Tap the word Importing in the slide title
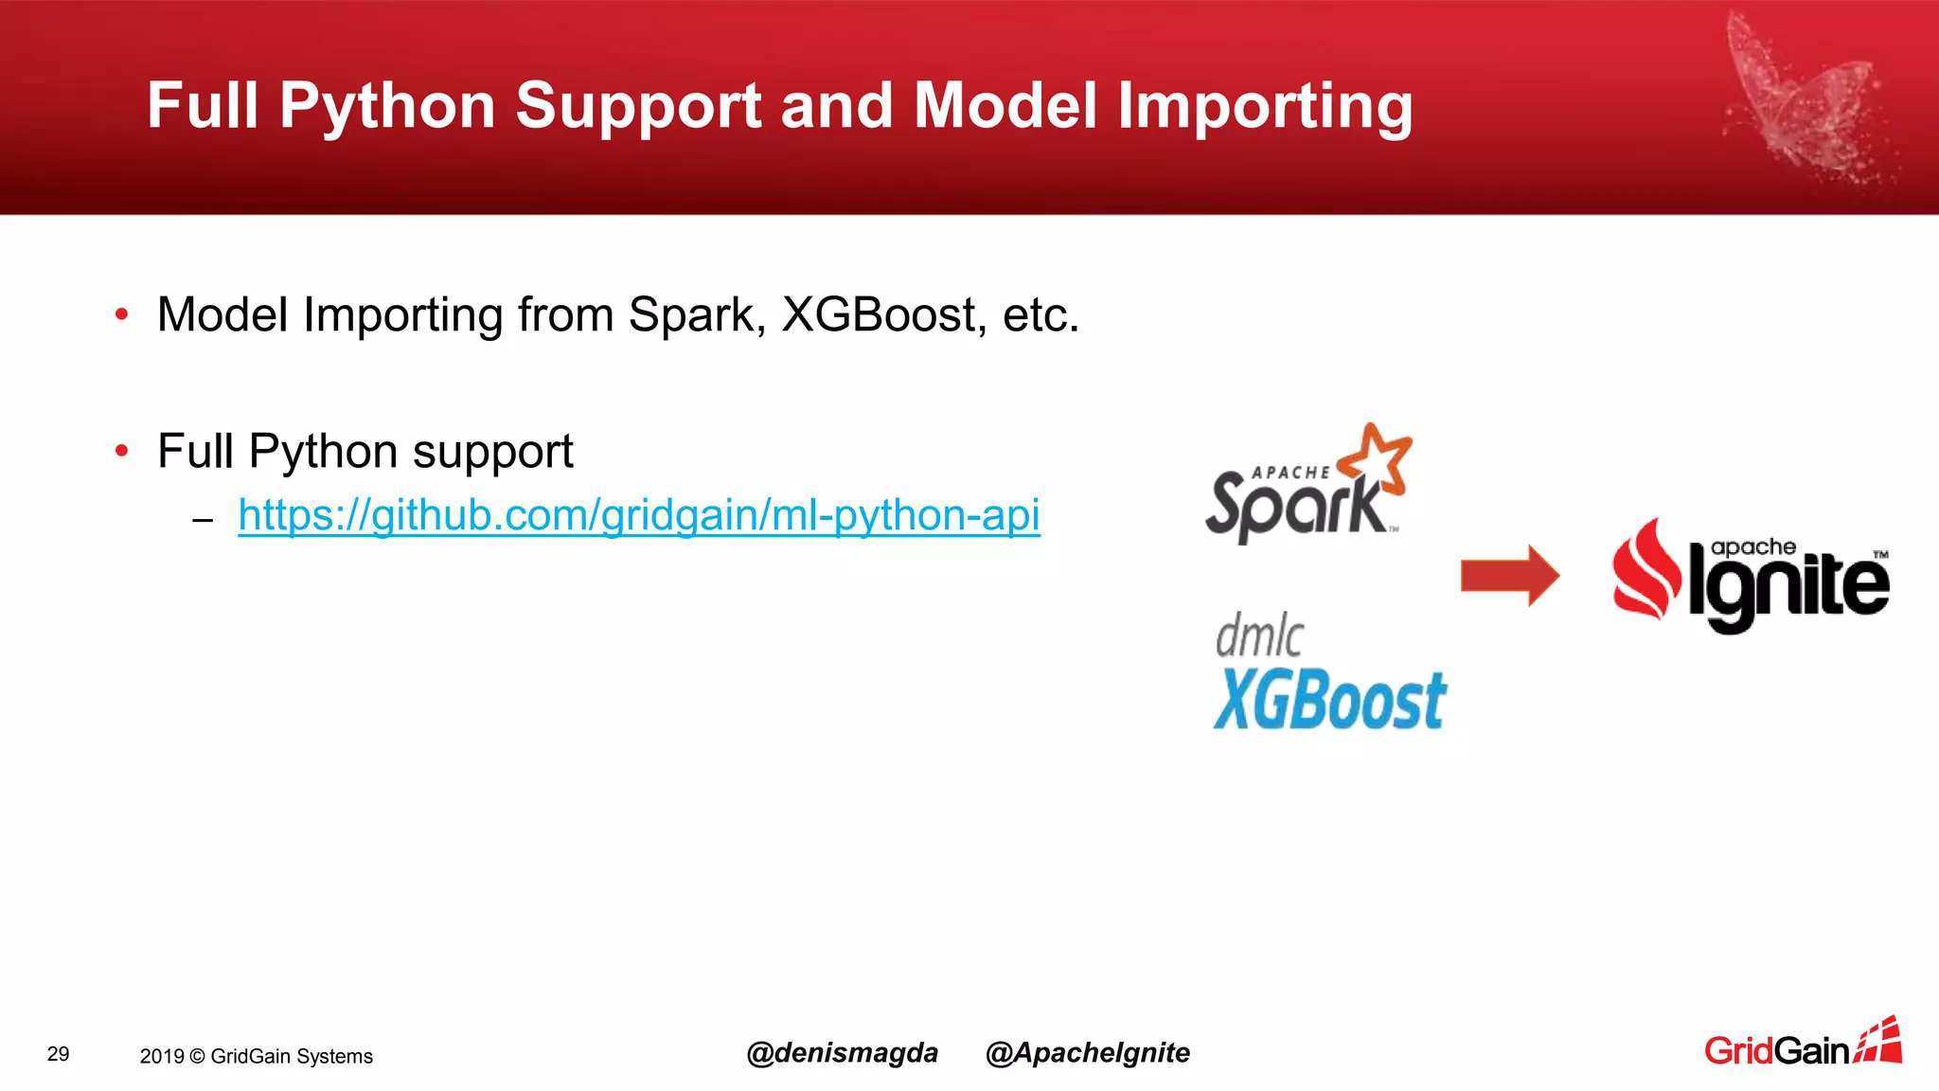tap(1265, 106)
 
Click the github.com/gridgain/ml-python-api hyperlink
tap(638, 515)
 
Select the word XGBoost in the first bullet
tap(879, 314)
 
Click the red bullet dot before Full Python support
tap(121, 451)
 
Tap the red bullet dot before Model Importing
tap(121, 314)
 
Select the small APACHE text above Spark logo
tap(1290, 472)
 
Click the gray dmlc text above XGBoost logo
tap(1258, 635)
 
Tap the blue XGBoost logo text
tap(1329, 701)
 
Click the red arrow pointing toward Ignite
tap(1509, 575)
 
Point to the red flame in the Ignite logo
tap(1645, 570)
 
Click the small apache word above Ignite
tap(1752, 547)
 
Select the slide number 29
tap(58, 1054)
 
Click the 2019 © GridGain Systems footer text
tap(256, 1056)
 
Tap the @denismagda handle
tap(842, 1052)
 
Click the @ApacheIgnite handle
tap(1087, 1052)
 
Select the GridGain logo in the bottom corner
tap(1802, 1045)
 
